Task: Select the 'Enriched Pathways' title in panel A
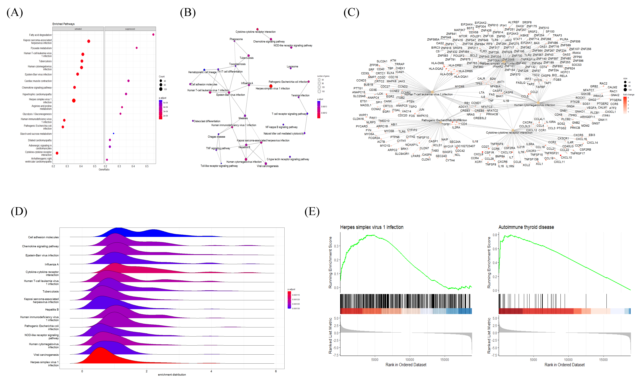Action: point(63,24)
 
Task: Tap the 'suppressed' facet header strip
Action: point(130,29)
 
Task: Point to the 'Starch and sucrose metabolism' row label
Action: point(36,134)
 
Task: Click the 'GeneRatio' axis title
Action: point(104,169)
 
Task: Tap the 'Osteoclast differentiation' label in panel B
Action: point(207,121)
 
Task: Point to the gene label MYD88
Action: point(459,86)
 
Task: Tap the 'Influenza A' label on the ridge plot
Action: point(52,264)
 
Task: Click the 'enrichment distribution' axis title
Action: point(172,375)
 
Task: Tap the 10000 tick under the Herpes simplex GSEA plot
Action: point(410,360)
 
